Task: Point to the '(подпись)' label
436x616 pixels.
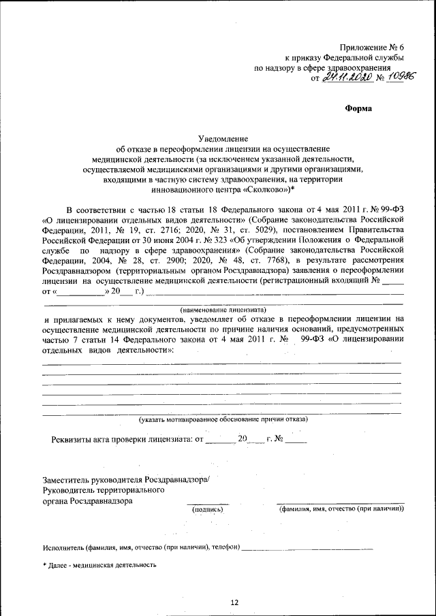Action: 208,508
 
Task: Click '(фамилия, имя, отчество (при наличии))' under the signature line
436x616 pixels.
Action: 341,508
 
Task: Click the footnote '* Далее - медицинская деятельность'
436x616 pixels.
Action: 99,565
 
